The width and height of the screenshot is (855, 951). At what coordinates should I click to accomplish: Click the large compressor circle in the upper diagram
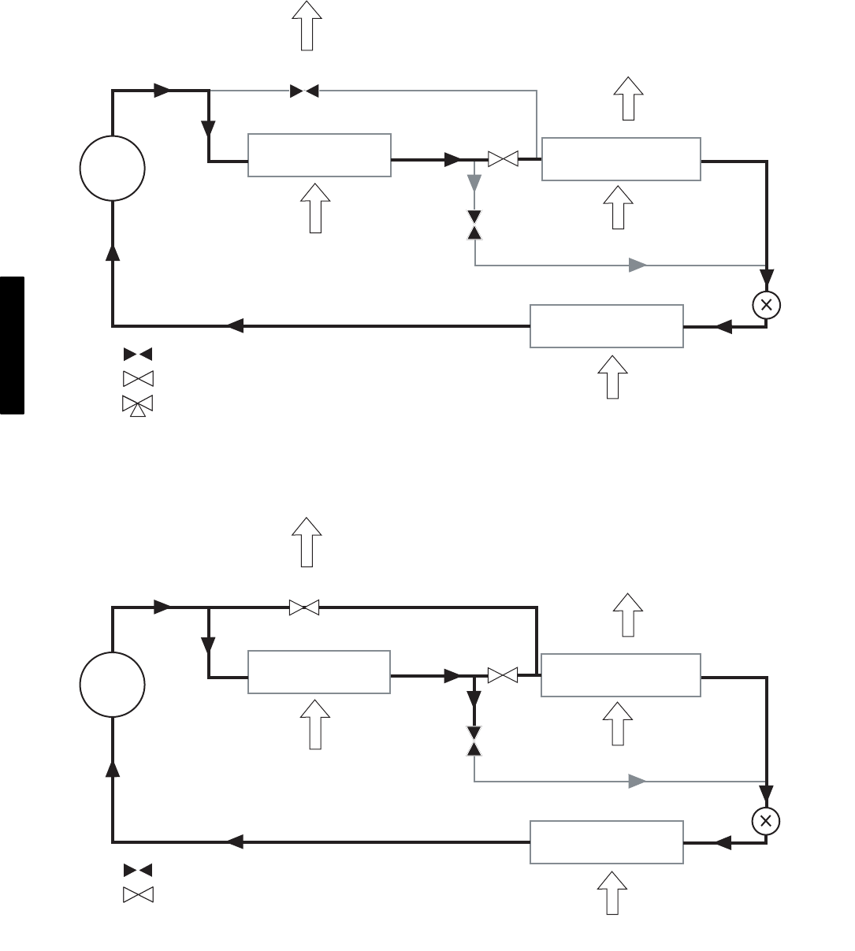[x=113, y=169]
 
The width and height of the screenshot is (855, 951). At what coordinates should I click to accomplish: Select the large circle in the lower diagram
[x=113, y=685]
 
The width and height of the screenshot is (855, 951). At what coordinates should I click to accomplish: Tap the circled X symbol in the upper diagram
[x=766, y=305]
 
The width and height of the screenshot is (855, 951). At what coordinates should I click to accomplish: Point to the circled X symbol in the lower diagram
[x=765, y=821]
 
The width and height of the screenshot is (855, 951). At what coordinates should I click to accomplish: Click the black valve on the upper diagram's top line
[x=304, y=91]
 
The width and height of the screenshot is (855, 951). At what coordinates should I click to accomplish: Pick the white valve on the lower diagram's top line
[x=303, y=607]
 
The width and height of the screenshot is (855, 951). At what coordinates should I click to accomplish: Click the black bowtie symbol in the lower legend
[x=137, y=870]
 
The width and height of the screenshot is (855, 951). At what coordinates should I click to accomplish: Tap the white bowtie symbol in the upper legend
[x=137, y=378]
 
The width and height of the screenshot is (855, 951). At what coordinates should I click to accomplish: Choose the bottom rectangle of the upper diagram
[x=606, y=325]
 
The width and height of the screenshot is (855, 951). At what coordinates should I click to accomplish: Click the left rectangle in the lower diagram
[x=319, y=672]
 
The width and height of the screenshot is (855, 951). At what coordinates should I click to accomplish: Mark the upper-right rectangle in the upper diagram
[x=621, y=159]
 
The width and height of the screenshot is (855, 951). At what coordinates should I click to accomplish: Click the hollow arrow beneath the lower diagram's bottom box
[x=612, y=893]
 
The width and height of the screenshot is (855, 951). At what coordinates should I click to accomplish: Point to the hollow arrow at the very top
[x=307, y=25]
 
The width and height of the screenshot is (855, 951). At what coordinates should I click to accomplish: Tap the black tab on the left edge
[x=12, y=345]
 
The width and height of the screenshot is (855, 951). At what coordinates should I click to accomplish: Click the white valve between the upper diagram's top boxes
[x=503, y=159]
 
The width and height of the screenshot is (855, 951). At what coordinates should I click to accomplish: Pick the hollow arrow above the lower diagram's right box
[x=628, y=615]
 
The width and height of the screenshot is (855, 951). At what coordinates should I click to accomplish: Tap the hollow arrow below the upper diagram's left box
[x=315, y=208]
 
